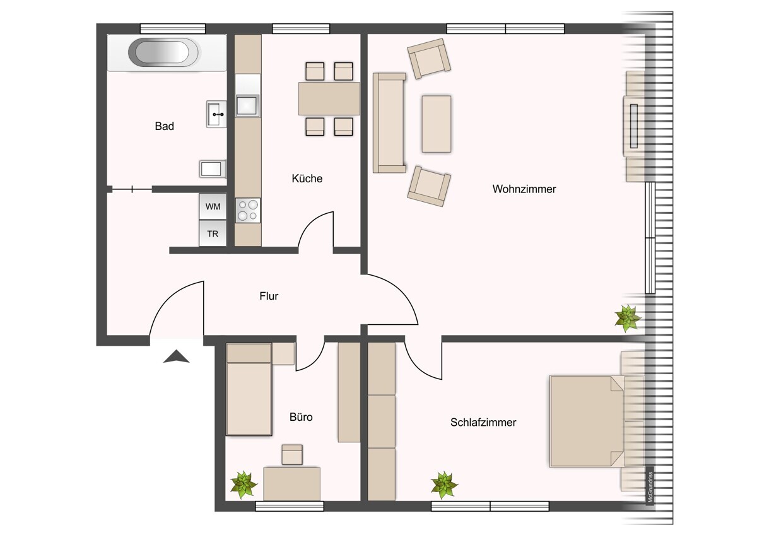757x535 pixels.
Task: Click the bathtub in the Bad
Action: pos(163,53)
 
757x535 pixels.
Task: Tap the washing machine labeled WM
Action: pos(213,206)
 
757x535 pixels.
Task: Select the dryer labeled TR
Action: pos(213,233)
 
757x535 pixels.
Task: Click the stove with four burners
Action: pos(248,210)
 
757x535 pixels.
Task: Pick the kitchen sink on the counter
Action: pos(247,105)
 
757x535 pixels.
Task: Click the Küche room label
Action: pos(307,179)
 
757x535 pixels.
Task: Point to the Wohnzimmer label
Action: pos(524,189)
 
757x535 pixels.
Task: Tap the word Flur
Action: pos(269,295)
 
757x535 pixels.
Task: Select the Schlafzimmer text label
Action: pos(483,422)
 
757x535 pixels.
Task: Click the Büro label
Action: pos(301,417)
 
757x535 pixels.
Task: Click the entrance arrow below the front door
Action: pos(177,357)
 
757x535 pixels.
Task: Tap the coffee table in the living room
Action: pos(436,124)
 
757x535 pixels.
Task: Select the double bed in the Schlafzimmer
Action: pos(587,421)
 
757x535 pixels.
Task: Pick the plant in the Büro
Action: pos(244,484)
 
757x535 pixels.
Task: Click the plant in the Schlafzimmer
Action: pos(444,485)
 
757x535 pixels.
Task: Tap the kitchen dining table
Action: pos(329,99)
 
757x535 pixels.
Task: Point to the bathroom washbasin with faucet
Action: pos(216,114)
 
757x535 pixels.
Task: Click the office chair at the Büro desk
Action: pos(292,454)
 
